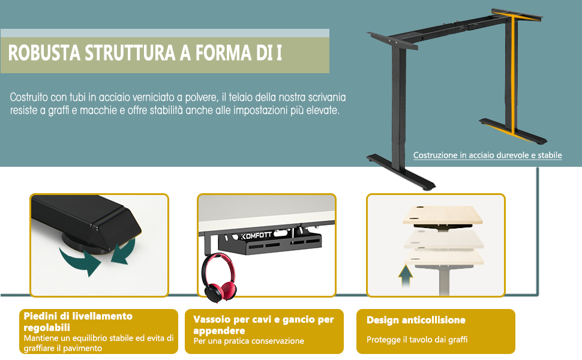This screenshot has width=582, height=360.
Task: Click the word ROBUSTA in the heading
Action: click(x=44, y=53)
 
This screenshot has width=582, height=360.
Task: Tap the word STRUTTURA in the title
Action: click(x=130, y=53)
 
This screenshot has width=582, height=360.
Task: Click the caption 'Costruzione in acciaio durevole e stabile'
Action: click(x=487, y=155)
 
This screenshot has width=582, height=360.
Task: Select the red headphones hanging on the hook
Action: click(x=219, y=278)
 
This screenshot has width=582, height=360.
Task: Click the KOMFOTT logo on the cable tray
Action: click(x=256, y=235)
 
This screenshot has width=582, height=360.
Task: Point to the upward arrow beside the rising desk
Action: click(x=406, y=276)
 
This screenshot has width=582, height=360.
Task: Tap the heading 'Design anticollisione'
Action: click(x=416, y=320)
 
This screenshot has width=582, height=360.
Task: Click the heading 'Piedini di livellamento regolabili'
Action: click(x=78, y=322)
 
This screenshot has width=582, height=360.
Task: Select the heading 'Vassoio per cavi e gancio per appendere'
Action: click(x=263, y=325)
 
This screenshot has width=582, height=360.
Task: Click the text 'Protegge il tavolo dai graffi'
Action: click(x=417, y=340)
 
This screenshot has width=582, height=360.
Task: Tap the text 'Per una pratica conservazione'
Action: click(x=248, y=341)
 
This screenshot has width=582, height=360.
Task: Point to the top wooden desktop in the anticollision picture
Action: click(x=443, y=215)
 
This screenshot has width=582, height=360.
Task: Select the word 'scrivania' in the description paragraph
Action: click(x=327, y=97)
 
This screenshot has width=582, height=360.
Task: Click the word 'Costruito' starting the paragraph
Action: click(x=29, y=97)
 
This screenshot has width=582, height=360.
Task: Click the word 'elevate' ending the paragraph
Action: click(x=322, y=110)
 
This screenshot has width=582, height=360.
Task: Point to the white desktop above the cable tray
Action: click(x=266, y=212)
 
